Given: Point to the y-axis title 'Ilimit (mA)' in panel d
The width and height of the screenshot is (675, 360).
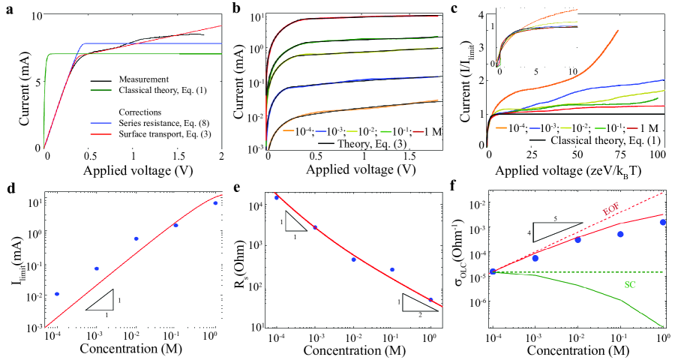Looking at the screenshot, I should [x=13, y=261].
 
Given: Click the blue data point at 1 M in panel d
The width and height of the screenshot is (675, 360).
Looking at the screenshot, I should [x=215, y=203].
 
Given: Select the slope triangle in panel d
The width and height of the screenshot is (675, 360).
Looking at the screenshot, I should [x=101, y=300].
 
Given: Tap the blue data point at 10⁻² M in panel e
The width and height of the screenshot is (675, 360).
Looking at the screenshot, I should [x=353, y=259].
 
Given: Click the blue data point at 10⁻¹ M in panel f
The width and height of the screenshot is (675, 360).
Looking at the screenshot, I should [x=619, y=234].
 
